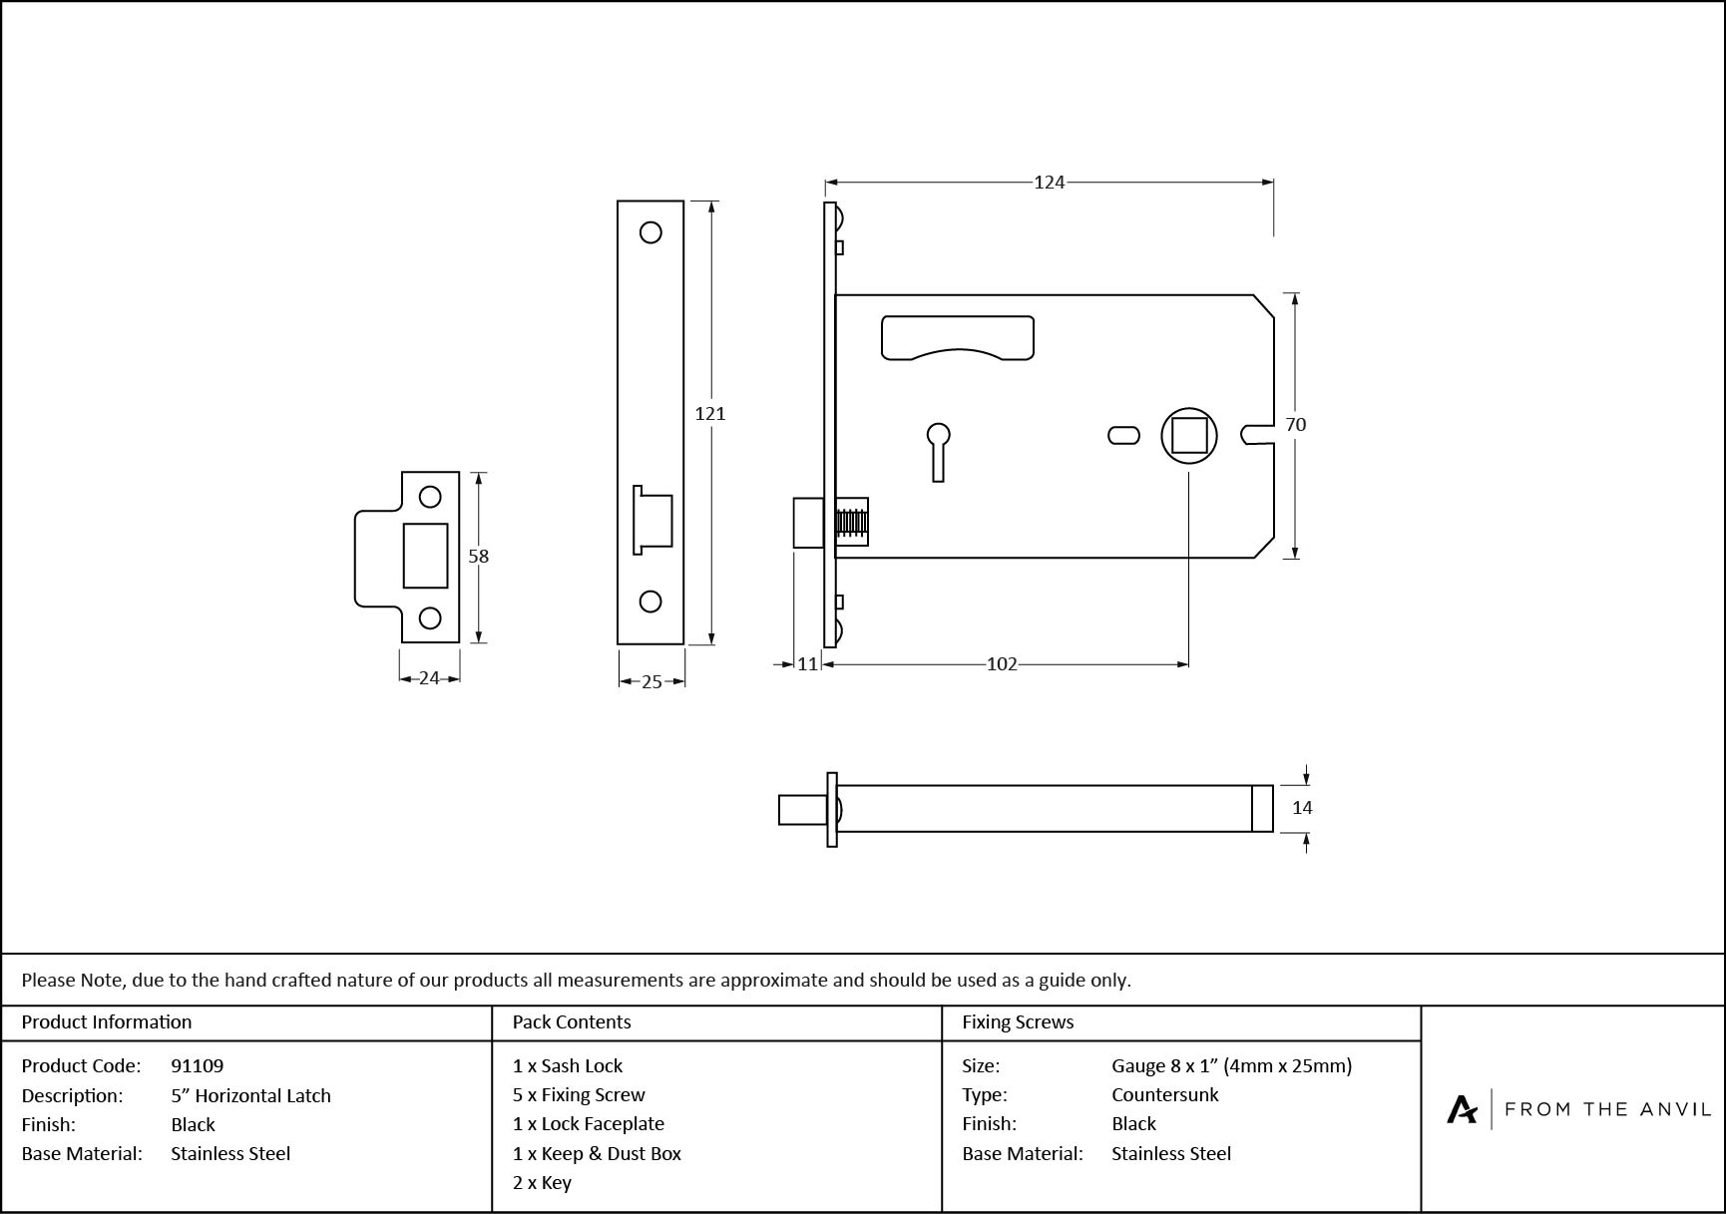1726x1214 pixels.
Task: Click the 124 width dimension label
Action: click(x=1049, y=182)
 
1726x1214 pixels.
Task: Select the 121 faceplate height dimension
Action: click(x=710, y=413)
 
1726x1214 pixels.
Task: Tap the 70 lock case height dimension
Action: click(x=1295, y=424)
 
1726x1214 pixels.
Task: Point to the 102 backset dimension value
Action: click(x=1002, y=663)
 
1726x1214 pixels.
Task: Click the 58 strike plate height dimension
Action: click(x=479, y=556)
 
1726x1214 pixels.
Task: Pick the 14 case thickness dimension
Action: click(x=1302, y=807)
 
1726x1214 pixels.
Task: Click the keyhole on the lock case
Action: click(x=938, y=450)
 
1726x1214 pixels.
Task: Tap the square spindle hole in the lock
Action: click(x=1189, y=435)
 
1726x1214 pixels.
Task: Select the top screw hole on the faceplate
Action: click(x=650, y=232)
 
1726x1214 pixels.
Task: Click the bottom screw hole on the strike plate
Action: click(x=430, y=617)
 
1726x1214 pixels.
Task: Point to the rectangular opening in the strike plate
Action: click(x=426, y=556)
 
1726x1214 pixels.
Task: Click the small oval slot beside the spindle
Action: click(x=1124, y=435)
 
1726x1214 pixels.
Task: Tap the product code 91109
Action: click(x=198, y=1065)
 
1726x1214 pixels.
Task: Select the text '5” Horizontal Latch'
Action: click(x=250, y=1095)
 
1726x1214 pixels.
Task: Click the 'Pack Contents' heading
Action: click(x=572, y=1021)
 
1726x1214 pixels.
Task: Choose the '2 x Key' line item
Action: click(x=542, y=1183)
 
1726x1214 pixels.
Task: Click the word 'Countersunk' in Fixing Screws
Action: click(x=1164, y=1094)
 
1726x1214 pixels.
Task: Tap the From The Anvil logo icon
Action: click(x=1462, y=1109)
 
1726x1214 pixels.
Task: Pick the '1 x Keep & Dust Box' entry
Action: click(x=597, y=1153)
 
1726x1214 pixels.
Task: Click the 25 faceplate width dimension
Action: click(x=651, y=681)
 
